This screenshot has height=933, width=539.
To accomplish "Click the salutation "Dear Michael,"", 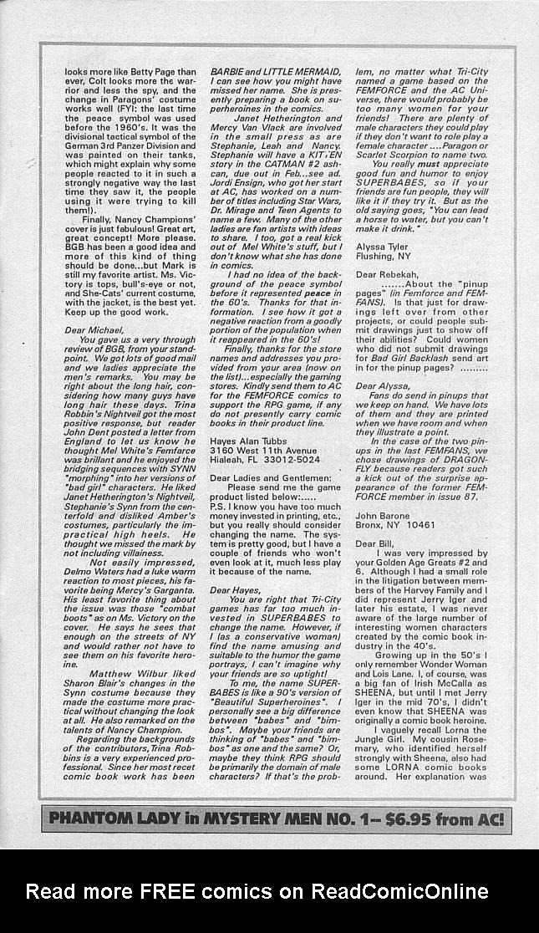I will click(x=94, y=330).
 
